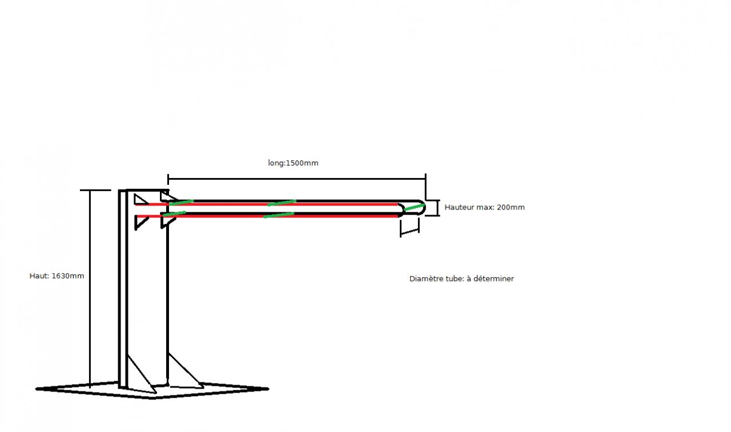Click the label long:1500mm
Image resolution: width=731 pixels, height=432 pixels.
pos(293,163)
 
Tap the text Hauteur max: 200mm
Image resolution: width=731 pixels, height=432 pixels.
pos(484,207)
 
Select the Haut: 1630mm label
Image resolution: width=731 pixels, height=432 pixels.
pos(57,276)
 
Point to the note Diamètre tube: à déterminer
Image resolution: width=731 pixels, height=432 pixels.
pos(461,279)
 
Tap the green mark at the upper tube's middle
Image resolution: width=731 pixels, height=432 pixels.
pos(282,203)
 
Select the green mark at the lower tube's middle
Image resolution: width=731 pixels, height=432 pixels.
pos(278,215)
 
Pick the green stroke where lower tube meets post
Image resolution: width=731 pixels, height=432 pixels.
pos(174,214)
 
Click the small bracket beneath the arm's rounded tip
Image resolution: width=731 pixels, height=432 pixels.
pos(409,227)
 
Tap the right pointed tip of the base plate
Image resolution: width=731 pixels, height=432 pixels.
pos(266,389)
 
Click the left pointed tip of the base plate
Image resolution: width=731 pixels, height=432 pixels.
pos(38,389)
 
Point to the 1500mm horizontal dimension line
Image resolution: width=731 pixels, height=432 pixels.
pos(296,178)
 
